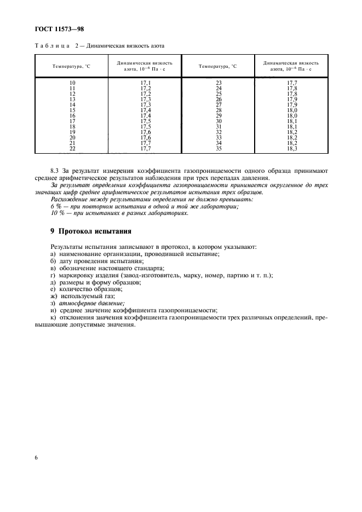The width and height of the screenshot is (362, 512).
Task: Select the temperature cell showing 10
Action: [x=72, y=83]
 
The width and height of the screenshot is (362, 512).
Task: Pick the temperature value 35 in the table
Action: [x=219, y=148]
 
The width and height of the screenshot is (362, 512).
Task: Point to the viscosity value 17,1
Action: [x=146, y=83]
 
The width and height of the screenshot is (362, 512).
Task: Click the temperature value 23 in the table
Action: [x=219, y=83]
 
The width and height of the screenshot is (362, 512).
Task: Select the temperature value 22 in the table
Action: [x=72, y=148]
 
